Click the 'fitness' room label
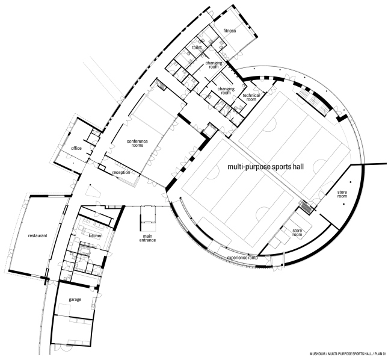point(230,30)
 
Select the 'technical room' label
point(250,98)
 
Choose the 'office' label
point(76,148)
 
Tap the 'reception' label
point(122,173)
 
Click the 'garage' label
point(75,299)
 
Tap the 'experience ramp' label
point(243,258)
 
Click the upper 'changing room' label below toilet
point(214,65)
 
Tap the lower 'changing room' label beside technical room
point(226,90)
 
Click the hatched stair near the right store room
point(307,208)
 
